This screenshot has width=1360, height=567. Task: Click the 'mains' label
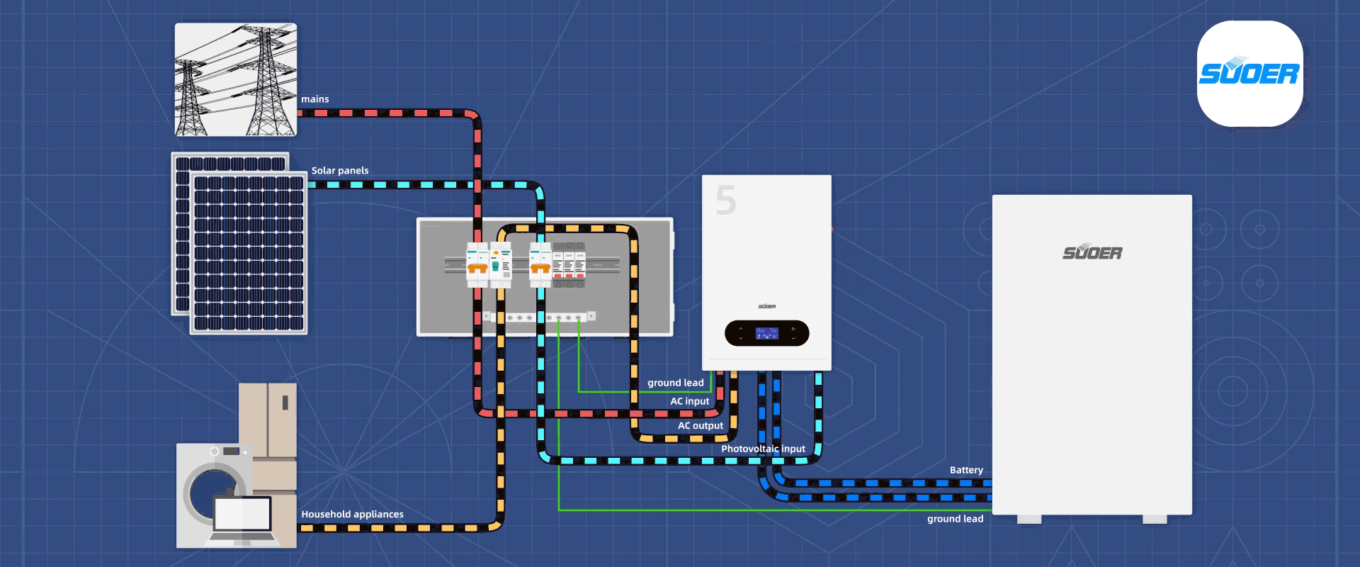coord(314,99)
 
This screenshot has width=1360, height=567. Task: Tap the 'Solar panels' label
coord(340,171)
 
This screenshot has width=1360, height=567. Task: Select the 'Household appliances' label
coord(352,515)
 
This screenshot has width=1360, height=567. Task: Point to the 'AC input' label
coord(689,401)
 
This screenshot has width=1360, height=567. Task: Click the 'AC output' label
coord(700,426)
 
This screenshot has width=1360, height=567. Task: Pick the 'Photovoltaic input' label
coord(763,449)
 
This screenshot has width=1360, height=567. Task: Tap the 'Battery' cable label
coord(966,470)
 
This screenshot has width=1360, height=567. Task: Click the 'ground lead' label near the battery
coord(955,519)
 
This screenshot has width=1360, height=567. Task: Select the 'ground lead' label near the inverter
coord(675,383)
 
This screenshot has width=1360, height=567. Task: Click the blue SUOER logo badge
coord(1249,74)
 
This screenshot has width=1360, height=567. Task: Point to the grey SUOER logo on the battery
coord(1092,252)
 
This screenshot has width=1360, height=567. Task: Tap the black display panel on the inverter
coord(766,333)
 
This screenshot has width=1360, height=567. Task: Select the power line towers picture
coord(236,79)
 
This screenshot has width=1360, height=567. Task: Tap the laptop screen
coord(242,514)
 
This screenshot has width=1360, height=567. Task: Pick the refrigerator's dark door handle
coord(285,403)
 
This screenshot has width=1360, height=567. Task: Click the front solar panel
coord(249,253)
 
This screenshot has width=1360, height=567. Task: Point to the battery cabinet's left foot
coord(1028,520)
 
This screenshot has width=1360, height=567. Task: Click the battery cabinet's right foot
coord(1155,520)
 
